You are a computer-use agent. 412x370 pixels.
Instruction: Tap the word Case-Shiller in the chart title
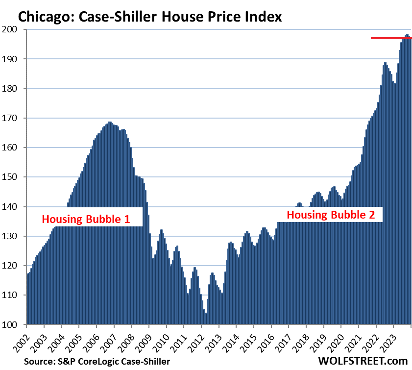115,17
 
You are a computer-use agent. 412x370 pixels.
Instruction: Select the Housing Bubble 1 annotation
86,219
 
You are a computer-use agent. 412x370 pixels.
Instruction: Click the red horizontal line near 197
391,38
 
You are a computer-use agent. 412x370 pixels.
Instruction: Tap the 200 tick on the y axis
11,29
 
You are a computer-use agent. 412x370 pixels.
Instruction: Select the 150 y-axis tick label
11,177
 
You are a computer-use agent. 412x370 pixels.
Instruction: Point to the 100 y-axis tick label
11,324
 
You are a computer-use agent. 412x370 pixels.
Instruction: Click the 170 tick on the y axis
11,118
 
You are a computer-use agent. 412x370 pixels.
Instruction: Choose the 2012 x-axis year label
200,342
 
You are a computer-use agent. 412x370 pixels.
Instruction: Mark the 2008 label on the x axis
130,342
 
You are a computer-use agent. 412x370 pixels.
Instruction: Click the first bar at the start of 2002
27,299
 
